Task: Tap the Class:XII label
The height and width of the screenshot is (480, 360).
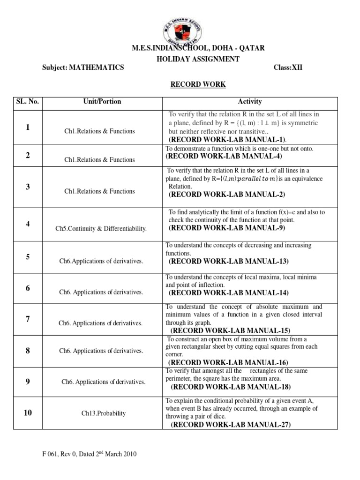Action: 288,67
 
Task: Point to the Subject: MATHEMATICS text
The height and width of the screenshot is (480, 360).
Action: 83,67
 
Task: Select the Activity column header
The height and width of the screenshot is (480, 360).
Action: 250,101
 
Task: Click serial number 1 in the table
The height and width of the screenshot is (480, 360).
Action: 28,127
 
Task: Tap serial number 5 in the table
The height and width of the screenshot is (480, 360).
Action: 28,256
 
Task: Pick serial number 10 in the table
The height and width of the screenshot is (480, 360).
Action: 28,412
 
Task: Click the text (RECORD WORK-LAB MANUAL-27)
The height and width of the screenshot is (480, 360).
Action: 231,425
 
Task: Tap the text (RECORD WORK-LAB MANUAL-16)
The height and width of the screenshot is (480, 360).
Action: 228,362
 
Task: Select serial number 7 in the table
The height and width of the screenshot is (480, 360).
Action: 28,319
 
